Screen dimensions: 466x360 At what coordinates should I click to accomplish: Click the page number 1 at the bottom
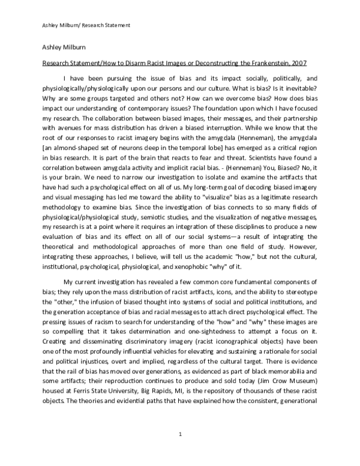point(180,434)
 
